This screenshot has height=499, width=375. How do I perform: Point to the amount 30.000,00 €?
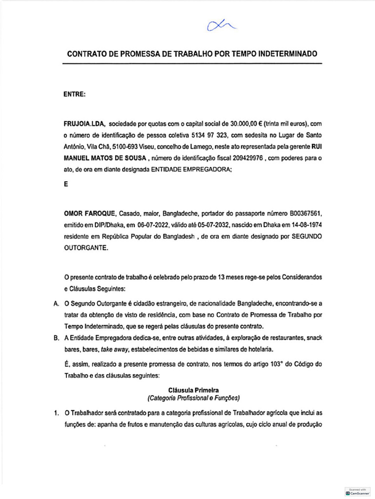pyautogui.click(x=247, y=124)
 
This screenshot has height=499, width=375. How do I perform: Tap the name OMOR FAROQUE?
pyautogui.click(x=88, y=214)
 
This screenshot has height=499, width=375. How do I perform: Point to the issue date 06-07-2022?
pyautogui.click(x=150, y=225)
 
